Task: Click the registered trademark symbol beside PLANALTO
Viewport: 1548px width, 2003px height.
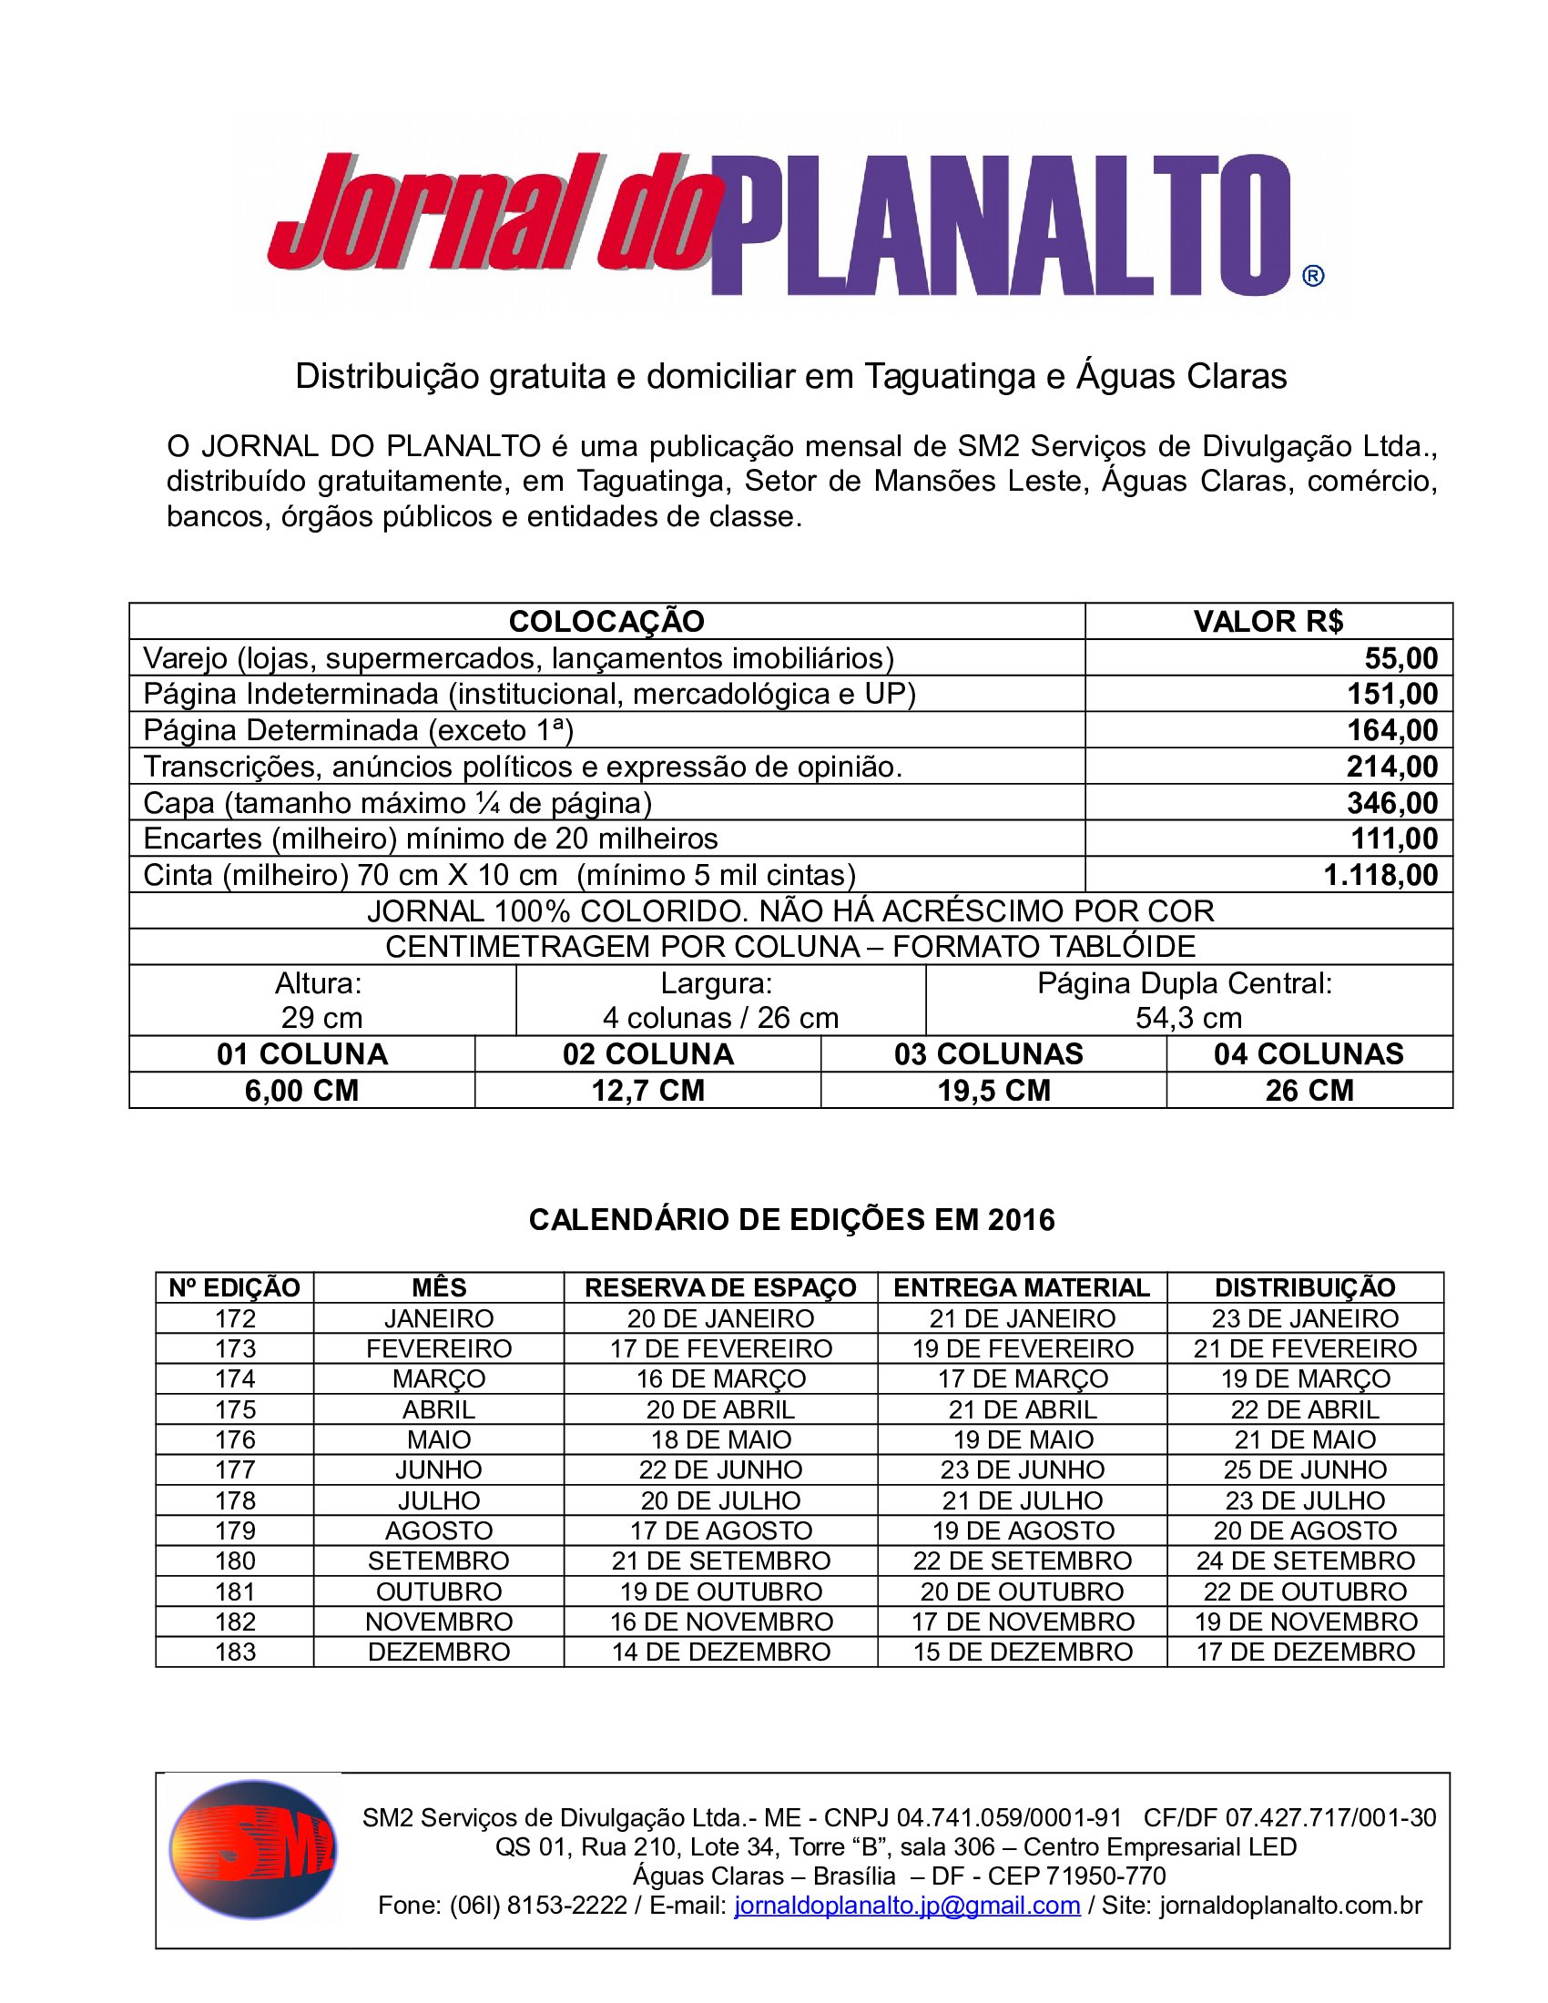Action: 1312,275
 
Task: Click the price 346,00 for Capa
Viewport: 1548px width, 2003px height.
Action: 1391,802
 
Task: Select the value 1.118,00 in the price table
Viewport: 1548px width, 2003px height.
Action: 1380,875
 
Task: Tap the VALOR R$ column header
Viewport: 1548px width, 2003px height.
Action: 1268,621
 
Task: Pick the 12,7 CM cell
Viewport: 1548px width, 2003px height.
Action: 647,1091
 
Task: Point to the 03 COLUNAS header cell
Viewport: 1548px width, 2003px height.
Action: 989,1053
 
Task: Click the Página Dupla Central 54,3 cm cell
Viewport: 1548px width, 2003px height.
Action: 1187,1001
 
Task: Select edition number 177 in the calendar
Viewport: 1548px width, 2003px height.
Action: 235,1469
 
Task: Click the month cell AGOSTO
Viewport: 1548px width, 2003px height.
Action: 438,1530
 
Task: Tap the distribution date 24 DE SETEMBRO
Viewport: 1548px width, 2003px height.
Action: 1305,1560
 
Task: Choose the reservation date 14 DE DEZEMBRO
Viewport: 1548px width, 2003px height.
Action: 721,1652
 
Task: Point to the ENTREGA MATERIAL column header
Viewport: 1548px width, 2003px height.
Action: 1022,1287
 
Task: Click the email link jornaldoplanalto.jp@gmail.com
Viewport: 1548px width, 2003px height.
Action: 907,1905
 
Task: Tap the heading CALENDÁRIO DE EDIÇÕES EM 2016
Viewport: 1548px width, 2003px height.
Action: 791,1220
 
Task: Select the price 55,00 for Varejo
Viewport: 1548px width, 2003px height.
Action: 1400,658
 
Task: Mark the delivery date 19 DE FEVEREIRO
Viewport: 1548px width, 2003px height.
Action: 1023,1348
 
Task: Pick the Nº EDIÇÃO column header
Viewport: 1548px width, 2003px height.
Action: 235,1287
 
